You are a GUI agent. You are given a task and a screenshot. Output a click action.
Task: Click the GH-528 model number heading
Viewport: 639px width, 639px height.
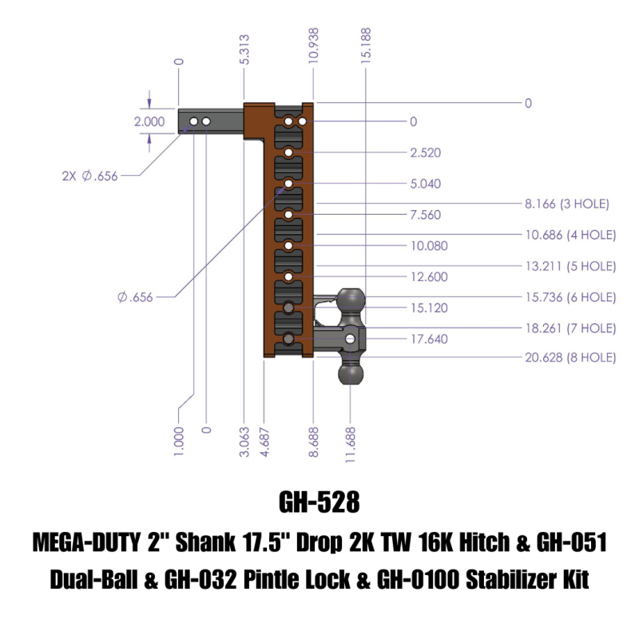[x=319, y=502]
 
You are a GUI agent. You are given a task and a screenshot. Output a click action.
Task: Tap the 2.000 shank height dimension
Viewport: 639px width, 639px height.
[x=149, y=122]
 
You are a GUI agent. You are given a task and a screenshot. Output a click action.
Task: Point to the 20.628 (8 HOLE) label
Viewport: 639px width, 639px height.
[x=570, y=358]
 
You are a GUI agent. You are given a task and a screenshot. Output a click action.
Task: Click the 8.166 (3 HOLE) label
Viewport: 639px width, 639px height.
[x=567, y=204]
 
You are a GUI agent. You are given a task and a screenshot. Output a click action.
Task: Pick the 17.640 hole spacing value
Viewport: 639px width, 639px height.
[x=428, y=339]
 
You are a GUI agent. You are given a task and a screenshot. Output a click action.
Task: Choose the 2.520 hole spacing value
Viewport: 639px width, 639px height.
[x=425, y=153]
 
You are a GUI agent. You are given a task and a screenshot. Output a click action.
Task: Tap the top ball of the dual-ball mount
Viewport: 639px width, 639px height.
[x=351, y=301]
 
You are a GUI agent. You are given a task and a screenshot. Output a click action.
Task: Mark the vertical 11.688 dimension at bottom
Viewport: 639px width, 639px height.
[x=351, y=440]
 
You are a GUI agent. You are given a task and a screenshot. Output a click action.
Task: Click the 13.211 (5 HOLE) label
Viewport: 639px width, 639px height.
[x=570, y=265]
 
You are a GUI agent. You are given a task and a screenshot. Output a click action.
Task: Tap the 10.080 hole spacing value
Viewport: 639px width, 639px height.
[x=428, y=246]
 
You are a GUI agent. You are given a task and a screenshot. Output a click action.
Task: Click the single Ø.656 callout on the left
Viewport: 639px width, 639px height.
[x=135, y=297]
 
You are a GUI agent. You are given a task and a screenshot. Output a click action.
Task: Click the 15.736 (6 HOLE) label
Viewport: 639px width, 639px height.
[x=570, y=296]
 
